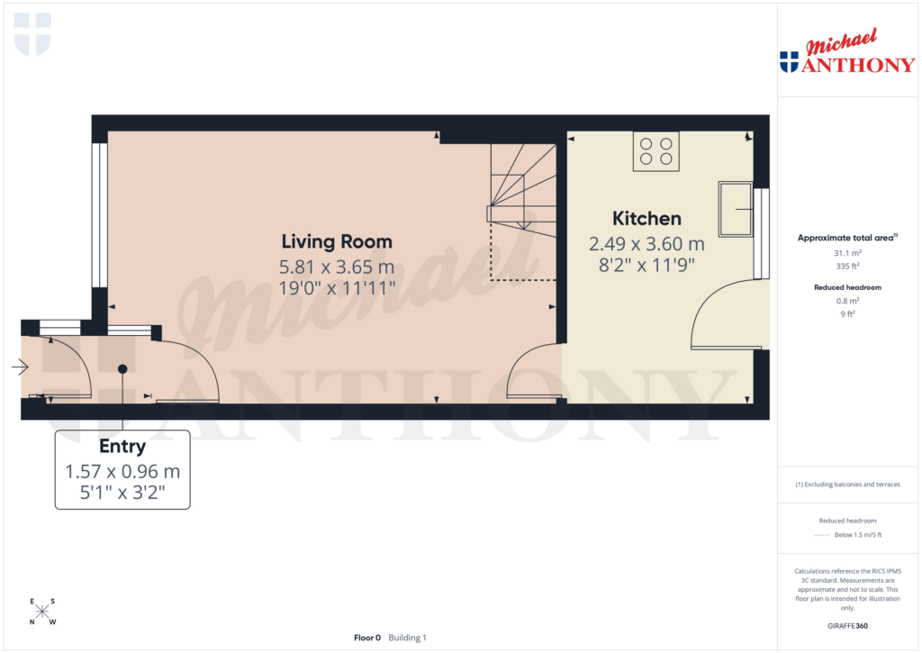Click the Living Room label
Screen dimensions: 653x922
(x=337, y=241)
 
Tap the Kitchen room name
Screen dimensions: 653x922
(x=646, y=218)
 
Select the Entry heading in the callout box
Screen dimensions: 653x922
(x=122, y=447)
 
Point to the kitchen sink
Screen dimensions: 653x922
(x=735, y=209)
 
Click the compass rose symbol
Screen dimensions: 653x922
(x=42, y=612)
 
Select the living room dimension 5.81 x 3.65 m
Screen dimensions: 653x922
(x=337, y=267)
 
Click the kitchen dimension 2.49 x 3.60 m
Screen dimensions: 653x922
(x=646, y=243)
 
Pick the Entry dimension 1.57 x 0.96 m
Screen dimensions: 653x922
(x=122, y=471)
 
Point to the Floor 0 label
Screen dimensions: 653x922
(x=367, y=638)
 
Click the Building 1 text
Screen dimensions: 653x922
(x=408, y=638)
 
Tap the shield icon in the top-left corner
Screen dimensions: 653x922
(x=33, y=33)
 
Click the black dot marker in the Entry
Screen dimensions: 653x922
(x=122, y=368)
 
